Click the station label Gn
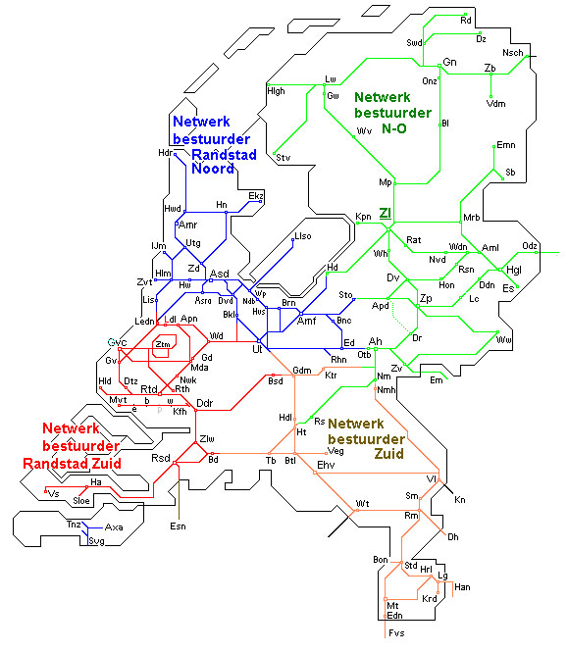pyautogui.click(x=450, y=63)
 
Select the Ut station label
pyautogui.click(x=257, y=348)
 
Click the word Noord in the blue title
pyautogui.click(x=212, y=170)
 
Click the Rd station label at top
pyautogui.click(x=466, y=20)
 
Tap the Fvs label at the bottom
pyautogui.click(x=396, y=633)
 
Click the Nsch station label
pyautogui.click(x=512, y=52)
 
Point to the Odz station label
pyautogui.click(x=530, y=245)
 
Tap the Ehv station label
pyautogui.click(x=326, y=464)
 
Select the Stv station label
pyautogui.click(x=283, y=157)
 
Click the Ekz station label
pyautogui.click(x=256, y=196)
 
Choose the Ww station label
pyautogui.click(x=504, y=340)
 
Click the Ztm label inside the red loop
pyautogui.click(x=163, y=344)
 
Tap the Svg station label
pyautogui.click(x=96, y=540)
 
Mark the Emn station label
pyautogui.click(x=506, y=145)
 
